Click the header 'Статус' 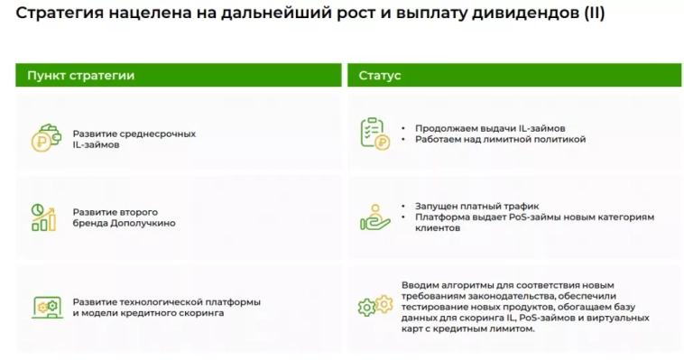[380, 76]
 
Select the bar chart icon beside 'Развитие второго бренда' [44, 217]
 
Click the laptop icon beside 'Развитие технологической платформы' [45, 307]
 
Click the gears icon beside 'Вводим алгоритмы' [374, 307]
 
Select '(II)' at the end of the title [592, 14]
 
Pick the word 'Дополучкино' [143, 222]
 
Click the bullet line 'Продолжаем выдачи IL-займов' [489, 128]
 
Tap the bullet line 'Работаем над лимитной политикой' [500, 140]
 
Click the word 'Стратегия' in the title [54, 14]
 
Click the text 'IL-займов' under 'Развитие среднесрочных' [95, 144]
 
